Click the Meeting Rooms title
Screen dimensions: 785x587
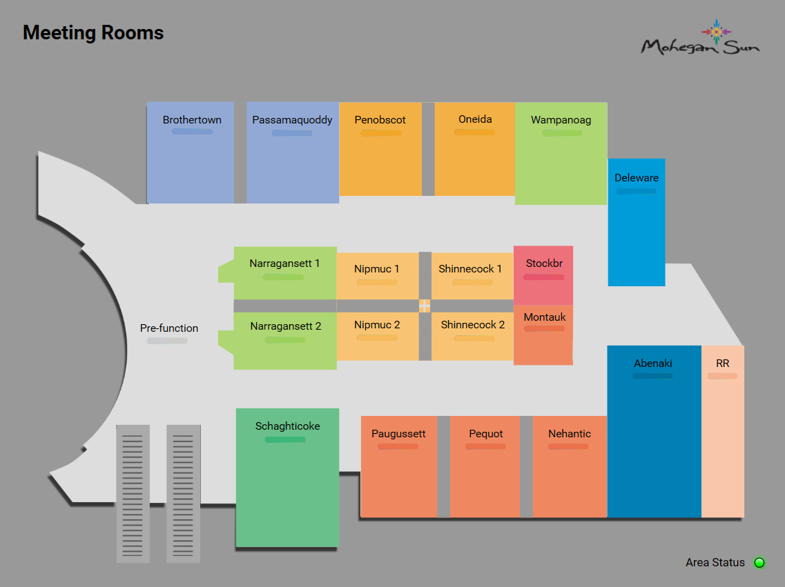tap(93, 32)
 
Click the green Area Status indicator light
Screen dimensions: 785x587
tap(759, 563)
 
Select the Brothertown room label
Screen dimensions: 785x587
tap(192, 120)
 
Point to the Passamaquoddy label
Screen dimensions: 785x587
tap(292, 120)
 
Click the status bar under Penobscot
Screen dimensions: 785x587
tap(380, 132)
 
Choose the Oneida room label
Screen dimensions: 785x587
tap(475, 119)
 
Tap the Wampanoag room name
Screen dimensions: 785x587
tap(561, 120)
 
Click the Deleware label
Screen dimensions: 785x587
tap(637, 178)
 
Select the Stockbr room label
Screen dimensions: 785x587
tap(544, 263)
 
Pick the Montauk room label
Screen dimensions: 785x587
tap(545, 317)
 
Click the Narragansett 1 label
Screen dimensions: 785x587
tap(284, 263)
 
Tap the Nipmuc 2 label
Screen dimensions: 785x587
tap(377, 325)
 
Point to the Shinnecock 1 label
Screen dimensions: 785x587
tap(470, 269)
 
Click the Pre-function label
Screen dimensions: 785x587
tap(169, 328)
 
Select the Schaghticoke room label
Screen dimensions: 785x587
tap(287, 426)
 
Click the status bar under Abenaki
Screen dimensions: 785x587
tap(652, 376)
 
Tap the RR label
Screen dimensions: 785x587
tap(722, 364)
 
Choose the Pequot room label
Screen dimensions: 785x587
tap(486, 434)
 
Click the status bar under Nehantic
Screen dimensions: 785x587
tap(568, 446)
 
